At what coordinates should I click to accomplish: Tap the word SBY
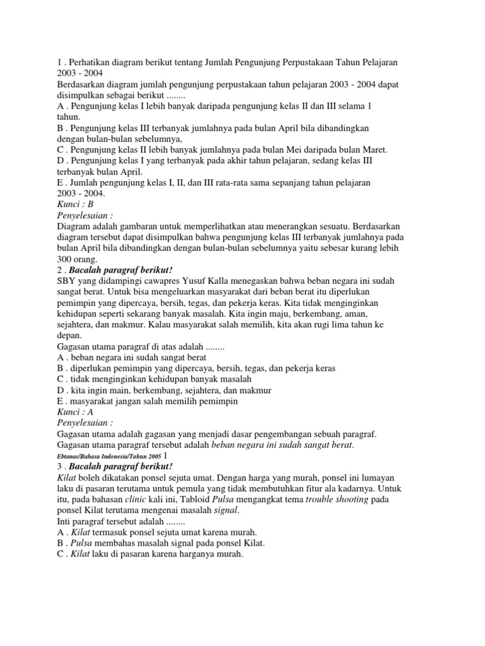pos(67,281)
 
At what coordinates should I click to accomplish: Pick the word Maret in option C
pos(373,150)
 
